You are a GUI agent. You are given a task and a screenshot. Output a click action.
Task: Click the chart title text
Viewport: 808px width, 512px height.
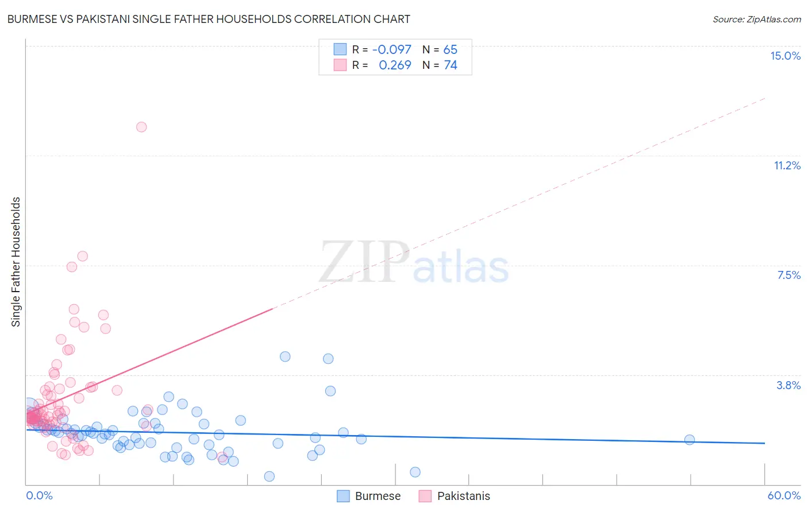pos(209,19)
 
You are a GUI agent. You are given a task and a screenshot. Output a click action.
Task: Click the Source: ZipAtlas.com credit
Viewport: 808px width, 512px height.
pos(756,19)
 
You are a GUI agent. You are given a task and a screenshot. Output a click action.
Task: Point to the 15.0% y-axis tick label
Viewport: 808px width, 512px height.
pos(785,56)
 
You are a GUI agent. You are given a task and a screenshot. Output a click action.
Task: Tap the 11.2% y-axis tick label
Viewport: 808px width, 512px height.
pos(787,165)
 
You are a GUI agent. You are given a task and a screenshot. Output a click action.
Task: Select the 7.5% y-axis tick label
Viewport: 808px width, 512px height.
pos(788,275)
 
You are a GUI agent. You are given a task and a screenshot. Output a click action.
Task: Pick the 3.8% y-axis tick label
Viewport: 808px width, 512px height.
pos(788,385)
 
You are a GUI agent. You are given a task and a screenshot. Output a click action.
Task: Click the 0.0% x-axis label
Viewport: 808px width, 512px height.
pos(39,495)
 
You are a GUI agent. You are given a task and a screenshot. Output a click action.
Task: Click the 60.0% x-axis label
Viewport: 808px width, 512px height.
pos(783,495)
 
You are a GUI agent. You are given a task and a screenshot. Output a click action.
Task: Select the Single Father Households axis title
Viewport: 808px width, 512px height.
pos(16,262)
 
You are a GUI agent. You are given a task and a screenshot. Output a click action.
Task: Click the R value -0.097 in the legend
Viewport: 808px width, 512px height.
pos(391,49)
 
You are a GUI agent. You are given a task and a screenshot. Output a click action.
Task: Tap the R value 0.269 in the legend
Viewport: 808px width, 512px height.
pos(395,65)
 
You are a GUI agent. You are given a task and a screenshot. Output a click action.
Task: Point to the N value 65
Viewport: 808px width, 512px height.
pos(450,49)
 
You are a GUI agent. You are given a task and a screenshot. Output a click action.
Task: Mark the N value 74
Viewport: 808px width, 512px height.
pos(450,65)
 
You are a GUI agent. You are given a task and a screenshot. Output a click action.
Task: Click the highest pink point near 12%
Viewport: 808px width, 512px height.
pos(141,127)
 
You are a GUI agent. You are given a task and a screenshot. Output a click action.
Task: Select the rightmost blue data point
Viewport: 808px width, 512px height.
pos(690,440)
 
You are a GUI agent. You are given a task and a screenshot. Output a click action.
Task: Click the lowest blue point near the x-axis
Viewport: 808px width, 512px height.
pos(269,476)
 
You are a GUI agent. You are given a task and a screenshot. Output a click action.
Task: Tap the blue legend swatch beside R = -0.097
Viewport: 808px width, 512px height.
pos(340,49)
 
